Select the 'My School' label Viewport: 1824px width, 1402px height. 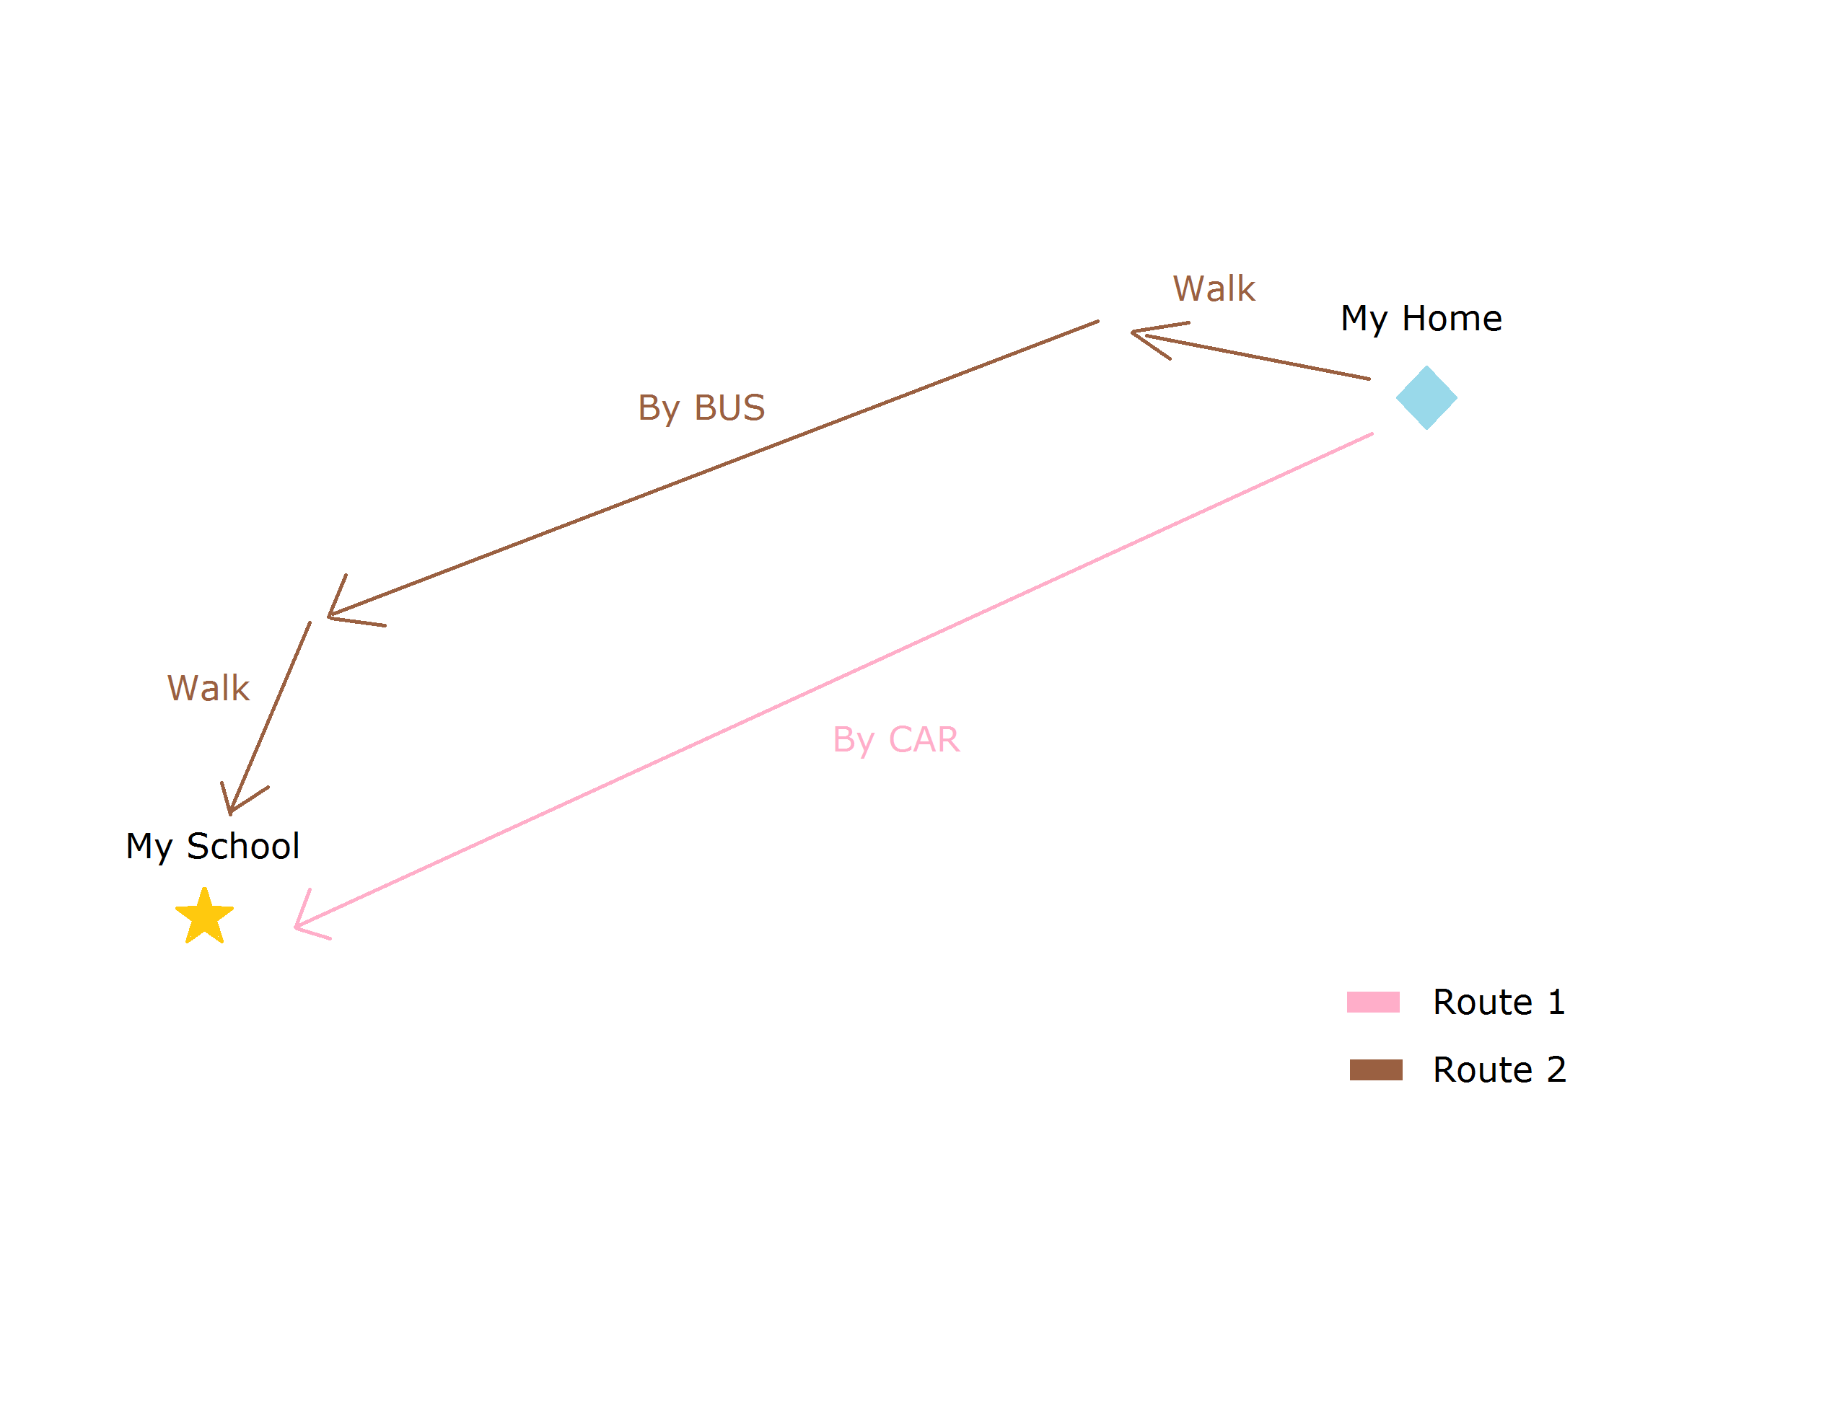pos(212,847)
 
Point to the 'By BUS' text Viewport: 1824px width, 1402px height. pos(701,409)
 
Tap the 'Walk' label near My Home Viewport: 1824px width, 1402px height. pos(1213,288)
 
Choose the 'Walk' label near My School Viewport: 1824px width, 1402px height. pos(208,687)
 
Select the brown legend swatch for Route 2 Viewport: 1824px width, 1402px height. pos(1375,1069)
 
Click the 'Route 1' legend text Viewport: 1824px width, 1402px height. pos(1498,1002)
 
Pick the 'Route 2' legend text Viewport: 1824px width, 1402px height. pos(1499,1069)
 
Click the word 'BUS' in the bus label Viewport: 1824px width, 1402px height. pos(729,407)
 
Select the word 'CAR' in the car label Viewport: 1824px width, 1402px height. pos(924,739)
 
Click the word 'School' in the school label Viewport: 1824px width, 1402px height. pos(242,845)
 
